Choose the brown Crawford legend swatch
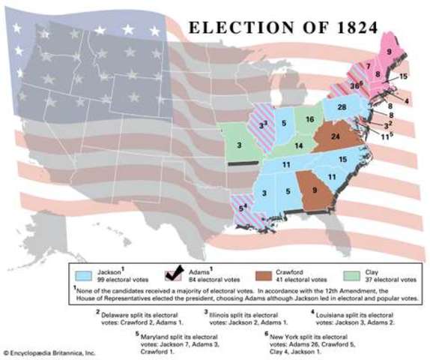pos(265,272)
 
